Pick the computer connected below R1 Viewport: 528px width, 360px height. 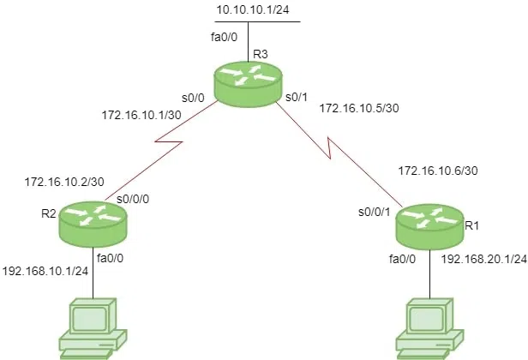tap(429, 326)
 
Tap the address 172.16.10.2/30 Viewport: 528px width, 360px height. tap(65, 183)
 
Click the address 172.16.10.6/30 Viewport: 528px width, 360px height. tap(438, 171)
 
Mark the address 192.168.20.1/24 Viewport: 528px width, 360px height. tap(483, 257)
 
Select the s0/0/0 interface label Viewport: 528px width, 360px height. tap(133, 199)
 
